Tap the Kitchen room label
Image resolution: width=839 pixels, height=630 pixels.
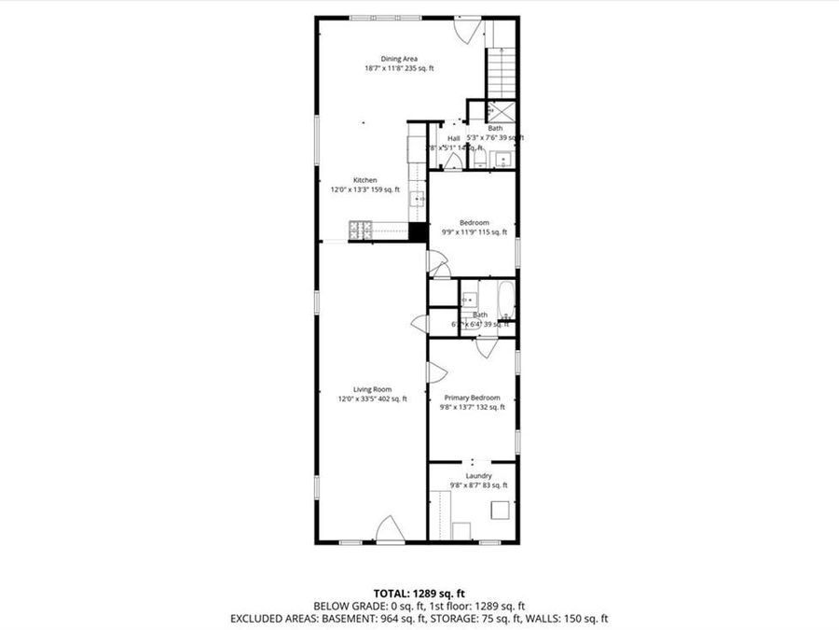pyautogui.click(x=364, y=180)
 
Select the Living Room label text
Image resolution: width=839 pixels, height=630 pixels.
pyautogui.click(x=372, y=389)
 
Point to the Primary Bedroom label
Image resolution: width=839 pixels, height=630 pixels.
pyautogui.click(x=472, y=398)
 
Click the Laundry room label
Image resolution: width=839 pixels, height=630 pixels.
pyautogui.click(x=472, y=476)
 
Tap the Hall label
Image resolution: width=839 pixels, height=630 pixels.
pyautogui.click(x=453, y=139)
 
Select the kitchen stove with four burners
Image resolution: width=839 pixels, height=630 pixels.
pyautogui.click(x=361, y=229)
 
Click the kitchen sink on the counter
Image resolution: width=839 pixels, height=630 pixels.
pyautogui.click(x=418, y=198)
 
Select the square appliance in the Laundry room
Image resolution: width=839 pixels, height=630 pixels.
pyautogui.click(x=501, y=511)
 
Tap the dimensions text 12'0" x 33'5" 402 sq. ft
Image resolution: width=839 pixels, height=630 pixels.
pyautogui.click(x=372, y=399)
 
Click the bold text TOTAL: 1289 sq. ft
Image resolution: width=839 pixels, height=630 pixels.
pyautogui.click(x=419, y=593)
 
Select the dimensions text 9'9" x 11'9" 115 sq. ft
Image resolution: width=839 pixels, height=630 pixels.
pyautogui.click(x=473, y=232)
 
